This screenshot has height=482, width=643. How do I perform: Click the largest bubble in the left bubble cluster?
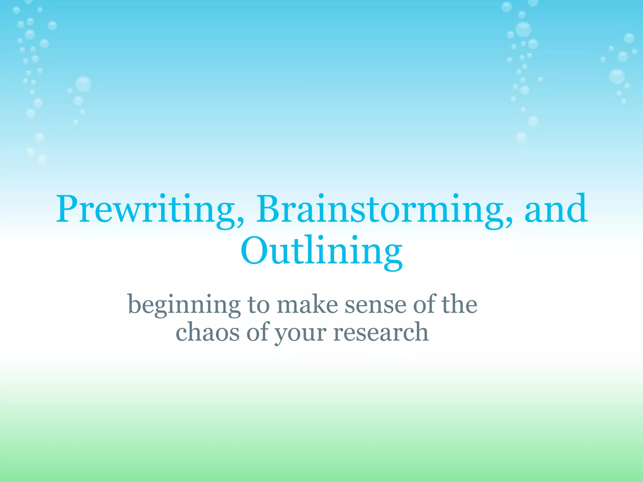tap(83, 84)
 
